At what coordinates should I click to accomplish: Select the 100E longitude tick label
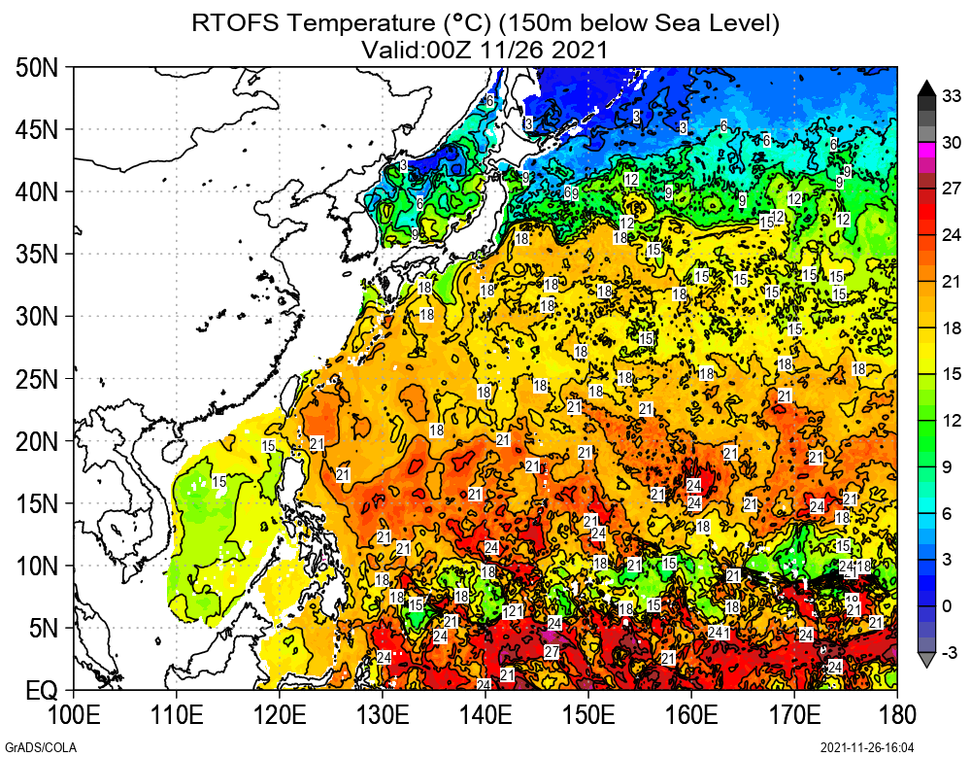pyautogui.click(x=75, y=716)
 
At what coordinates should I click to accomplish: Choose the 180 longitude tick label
pyautogui.click(x=896, y=716)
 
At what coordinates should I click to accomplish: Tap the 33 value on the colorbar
pyautogui.click(x=952, y=95)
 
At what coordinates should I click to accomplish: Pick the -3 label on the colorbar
pyautogui.click(x=952, y=651)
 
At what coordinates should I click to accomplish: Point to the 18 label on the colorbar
pyautogui.click(x=952, y=328)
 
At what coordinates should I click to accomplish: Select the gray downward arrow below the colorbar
pyautogui.click(x=926, y=660)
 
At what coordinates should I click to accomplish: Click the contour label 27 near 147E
pyautogui.click(x=552, y=651)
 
